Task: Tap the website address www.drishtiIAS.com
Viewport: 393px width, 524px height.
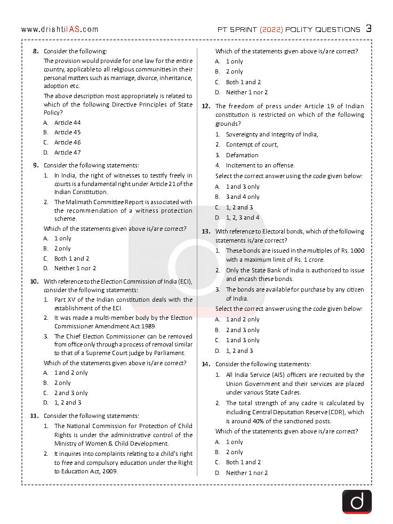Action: pos(59,29)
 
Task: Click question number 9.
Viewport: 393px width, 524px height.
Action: pos(35,165)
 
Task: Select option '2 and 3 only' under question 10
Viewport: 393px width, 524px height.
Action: pos(71,393)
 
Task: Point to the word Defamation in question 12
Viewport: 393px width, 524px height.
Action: pos(242,155)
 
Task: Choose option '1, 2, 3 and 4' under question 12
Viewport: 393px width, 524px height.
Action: pos(243,217)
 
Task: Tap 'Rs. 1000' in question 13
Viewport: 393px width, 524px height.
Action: pos(351,251)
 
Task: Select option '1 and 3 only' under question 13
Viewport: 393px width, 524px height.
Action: pos(243,340)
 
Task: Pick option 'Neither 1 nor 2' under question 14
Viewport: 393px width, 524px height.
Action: pos(247,473)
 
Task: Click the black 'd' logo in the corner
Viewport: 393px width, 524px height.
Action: pos(357,501)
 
